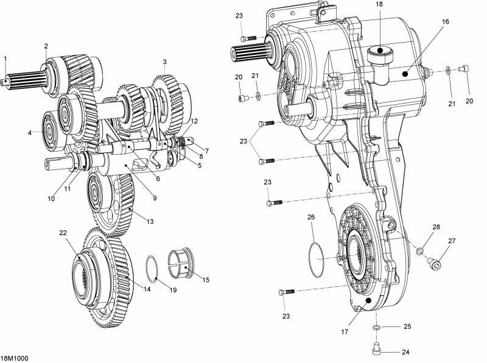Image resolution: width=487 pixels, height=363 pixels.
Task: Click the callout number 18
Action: coord(379,4)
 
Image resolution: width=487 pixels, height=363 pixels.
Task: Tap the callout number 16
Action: coord(446,21)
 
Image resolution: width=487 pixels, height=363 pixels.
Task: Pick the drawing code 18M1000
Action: coord(13,359)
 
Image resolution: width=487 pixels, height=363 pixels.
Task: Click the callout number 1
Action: coord(5,58)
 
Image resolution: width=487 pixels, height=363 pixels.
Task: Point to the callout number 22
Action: coord(63,233)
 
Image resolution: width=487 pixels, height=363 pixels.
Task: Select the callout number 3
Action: coord(164,62)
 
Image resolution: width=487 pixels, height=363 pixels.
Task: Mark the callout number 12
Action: coord(194,121)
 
